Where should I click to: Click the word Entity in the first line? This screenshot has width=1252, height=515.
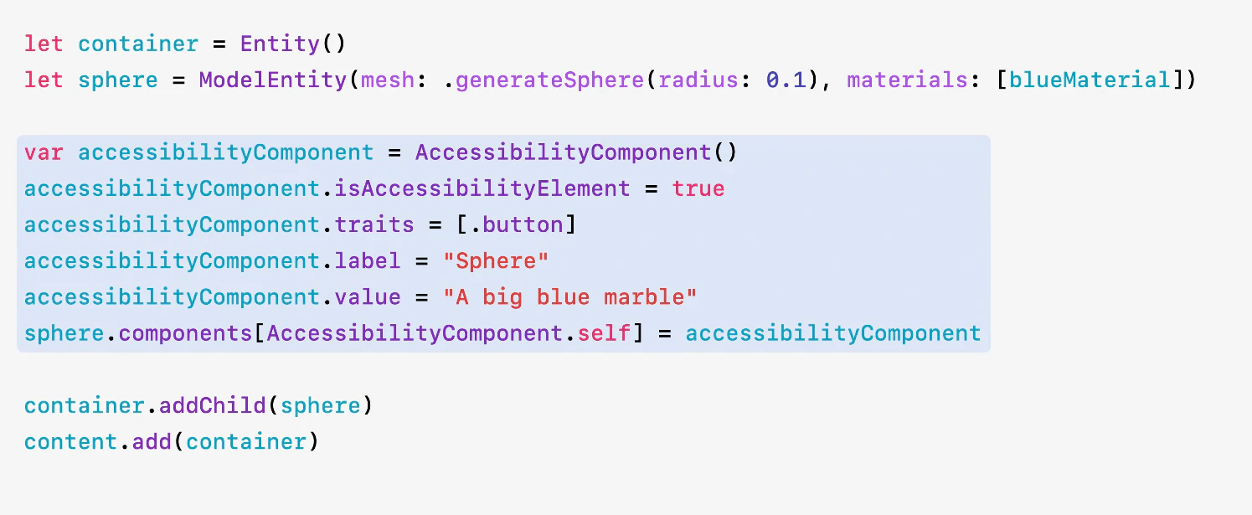coord(280,44)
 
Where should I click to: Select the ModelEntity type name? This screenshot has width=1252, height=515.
coord(273,80)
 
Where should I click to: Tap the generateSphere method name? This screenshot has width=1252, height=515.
coord(550,80)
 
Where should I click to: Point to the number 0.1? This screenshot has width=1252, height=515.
coord(786,80)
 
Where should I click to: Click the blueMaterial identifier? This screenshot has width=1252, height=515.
coord(1090,80)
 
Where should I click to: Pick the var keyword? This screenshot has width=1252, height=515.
coord(44,152)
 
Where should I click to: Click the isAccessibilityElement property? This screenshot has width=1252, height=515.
coord(482,188)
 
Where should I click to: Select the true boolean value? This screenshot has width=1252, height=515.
coord(698,189)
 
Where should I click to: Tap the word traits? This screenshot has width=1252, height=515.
coord(374,224)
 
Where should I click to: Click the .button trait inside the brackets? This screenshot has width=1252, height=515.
coord(517,224)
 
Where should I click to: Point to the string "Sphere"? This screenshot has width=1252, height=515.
coord(496,261)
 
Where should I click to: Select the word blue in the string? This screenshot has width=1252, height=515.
coord(564,297)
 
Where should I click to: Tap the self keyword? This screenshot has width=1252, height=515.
coord(604,333)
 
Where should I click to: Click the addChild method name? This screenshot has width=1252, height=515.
coord(213,405)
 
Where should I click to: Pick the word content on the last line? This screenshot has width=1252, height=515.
coord(70,442)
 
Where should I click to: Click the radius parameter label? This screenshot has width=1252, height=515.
coord(698,80)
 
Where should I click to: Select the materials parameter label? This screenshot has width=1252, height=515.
coord(907,80)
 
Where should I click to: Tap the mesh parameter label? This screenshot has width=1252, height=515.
coord(388,80)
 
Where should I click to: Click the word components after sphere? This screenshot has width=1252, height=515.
coord(186,334)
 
